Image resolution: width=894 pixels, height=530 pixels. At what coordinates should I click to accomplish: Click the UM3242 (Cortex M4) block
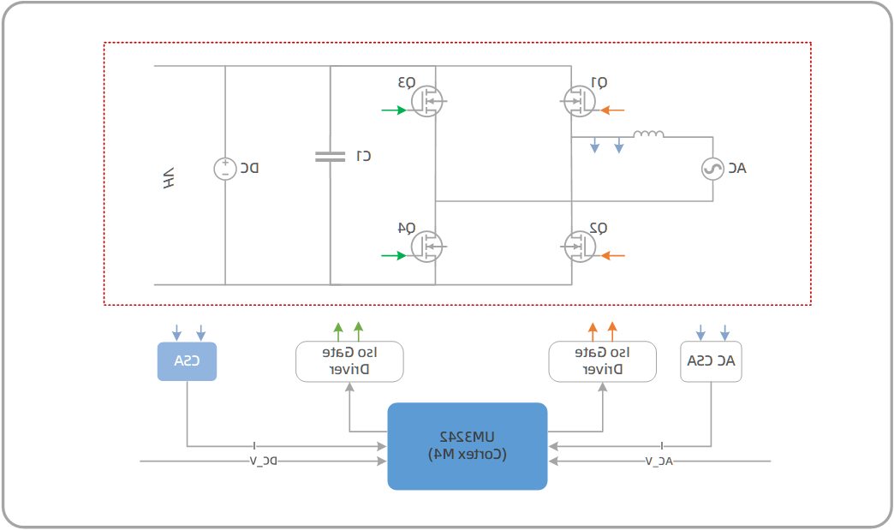click(467, 446)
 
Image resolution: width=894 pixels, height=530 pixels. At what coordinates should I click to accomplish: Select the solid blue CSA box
click(187, 361)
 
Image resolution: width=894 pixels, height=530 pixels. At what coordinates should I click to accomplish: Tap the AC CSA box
click(711, 361)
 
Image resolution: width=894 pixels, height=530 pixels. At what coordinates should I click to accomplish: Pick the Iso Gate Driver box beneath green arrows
click(349, 361)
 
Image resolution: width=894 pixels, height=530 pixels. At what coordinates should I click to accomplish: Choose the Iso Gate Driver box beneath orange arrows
click(602, 361)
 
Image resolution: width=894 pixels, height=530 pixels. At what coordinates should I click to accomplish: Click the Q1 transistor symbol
click(580, 101)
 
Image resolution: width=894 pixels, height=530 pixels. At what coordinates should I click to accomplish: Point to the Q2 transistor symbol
click(580, 247)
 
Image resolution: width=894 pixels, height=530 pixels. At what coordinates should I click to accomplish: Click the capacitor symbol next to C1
click(330, 157)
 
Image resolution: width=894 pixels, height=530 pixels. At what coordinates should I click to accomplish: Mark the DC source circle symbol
click(225, 169)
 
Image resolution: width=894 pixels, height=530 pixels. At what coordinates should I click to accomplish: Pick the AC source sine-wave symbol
click(712, 169)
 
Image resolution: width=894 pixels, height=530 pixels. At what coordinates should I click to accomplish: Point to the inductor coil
click(648, 134)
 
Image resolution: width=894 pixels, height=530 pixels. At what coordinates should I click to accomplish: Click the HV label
click(169, 178)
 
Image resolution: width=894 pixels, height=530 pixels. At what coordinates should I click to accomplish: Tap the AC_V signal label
click(659, 462)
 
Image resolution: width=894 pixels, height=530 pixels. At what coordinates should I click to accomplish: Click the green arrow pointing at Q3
click(395, 110)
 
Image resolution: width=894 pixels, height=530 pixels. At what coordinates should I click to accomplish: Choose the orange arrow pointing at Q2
click(613, 255)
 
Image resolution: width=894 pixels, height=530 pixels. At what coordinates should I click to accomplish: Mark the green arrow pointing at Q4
click(395, 255)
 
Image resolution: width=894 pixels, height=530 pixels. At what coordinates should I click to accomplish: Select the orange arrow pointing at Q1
click(613, 110)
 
